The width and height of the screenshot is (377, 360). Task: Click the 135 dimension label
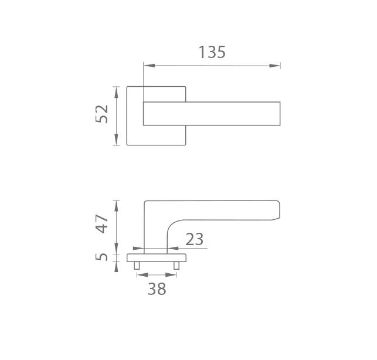tap(212, 52)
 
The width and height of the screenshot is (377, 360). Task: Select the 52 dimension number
tap(101, 114)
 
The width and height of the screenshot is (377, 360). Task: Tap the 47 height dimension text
tap(101, 223)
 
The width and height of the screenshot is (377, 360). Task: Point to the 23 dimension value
tap(195, 239)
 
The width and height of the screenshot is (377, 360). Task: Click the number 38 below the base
tap(157, 289)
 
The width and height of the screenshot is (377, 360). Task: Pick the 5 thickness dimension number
tap(101, 257)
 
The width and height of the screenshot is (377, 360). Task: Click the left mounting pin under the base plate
tap(137, 266)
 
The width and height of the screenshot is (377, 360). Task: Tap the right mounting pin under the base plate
tap(176, 266)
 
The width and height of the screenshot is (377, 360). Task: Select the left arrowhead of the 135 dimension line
tap(149, 66)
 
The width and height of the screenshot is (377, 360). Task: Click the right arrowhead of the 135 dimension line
tap(275, 66)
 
